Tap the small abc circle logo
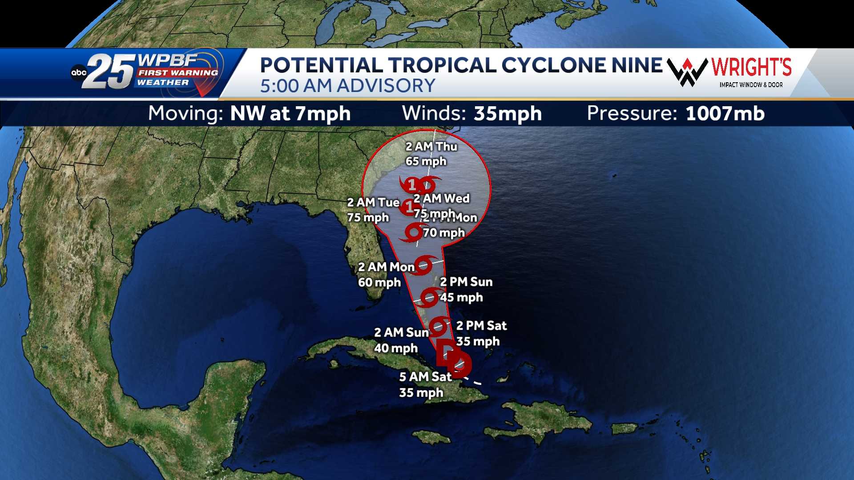click(x=79, y=73)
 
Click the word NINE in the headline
click(x=637, y=65)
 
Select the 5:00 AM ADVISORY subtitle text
click(x=347, y=86)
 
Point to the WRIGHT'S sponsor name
click(x=751, y=67)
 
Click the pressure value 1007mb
click(x=725, y=114)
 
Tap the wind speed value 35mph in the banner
click(x=508, y=114)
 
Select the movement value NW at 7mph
click(x=290, y=114)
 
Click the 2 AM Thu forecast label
click(x=431, y=147)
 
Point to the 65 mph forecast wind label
click(x=426, y=161)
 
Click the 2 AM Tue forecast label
click(x=373, y=203)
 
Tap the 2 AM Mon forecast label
click(x=386, y=267)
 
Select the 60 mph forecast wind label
click(x=379, y=283)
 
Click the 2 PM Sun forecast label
click(x=466, y=282)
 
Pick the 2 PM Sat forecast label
click(x=481, y=326)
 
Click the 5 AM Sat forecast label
click(x=425, y=377)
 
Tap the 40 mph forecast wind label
click(x=396, y=348)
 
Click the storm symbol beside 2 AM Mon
click(x=423, y=264)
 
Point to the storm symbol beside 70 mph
click(x=413, y=232)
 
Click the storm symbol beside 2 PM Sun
click(x=430, y=297)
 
